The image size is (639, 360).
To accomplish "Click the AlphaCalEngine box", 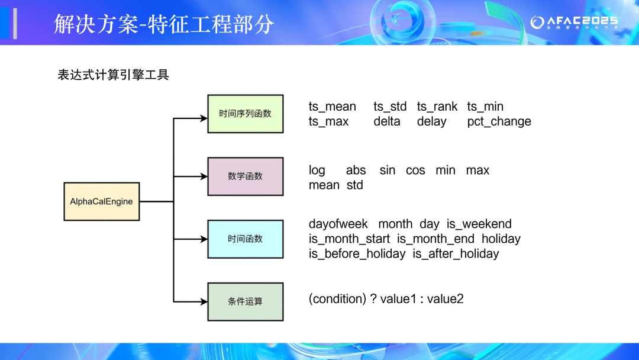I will click(x=101, y=201).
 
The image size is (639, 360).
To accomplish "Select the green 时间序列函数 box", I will click(x=245, y=114).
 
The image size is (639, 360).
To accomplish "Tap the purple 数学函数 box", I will click(x=245, y=176).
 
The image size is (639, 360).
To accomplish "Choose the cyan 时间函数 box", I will click(x=245, y=239).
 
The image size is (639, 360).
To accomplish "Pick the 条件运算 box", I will click(x=245, y=302).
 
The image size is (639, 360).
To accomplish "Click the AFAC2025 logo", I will click(x=573, y=22).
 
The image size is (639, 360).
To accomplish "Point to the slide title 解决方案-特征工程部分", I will click(x=164, y=24).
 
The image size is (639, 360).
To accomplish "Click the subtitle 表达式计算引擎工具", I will click(x=113, y=75).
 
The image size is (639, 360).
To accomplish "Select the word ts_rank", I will click(x=437, y=107).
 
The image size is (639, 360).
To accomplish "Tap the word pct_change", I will click(x=499, y=121).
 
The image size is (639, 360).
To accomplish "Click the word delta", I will click(x=386, y=121).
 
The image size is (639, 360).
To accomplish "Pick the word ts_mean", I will click(x=332, y=107).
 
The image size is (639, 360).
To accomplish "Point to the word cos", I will click(x=415, y=171).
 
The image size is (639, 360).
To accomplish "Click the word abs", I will click(x=356, y=171).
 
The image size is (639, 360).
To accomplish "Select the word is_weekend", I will click(x=479, y=224).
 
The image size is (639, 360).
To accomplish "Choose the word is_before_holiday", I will click(x=357, y=254).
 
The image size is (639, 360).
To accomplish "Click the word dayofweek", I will click(x=338, y=224).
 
